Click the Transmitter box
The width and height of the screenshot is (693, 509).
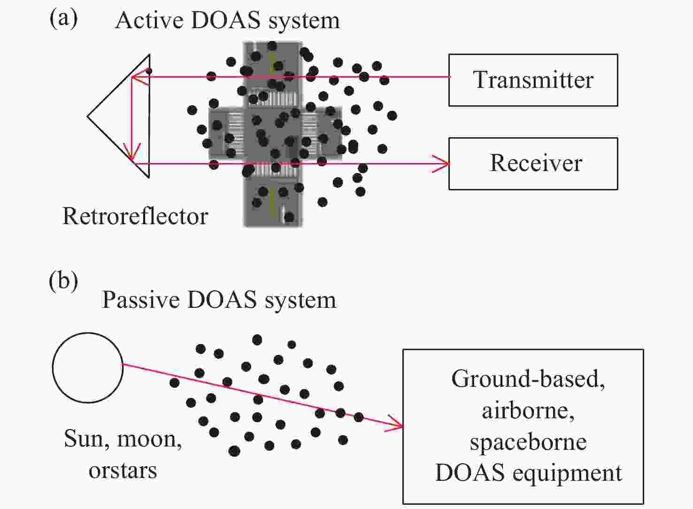point(533,80)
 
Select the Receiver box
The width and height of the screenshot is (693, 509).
point(533,164)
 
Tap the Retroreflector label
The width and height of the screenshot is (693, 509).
point(135,216)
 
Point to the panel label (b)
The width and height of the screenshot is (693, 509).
point(63,281)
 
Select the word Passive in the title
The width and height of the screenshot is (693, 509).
point(139,300)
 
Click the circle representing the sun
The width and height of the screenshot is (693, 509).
point(88,368)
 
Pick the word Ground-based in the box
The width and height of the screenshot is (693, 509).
point(528,379)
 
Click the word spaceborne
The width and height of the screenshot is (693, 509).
point(528,442)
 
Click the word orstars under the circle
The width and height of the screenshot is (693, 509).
point(123,470)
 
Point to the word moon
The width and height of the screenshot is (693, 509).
point(149,439)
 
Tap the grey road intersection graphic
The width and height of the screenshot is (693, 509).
point(275,134)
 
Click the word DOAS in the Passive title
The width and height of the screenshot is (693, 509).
point(222,300)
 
